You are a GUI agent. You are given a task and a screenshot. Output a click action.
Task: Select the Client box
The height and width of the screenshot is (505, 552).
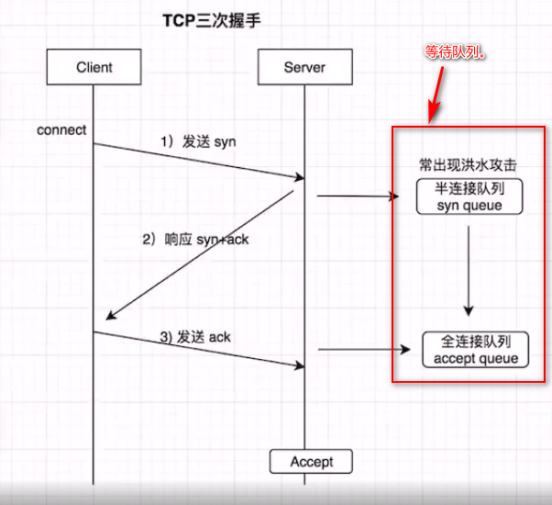pos(94,67)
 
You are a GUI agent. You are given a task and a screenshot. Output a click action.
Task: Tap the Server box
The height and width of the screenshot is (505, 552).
pos(304,67)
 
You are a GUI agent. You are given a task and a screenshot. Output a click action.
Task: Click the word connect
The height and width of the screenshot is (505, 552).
pos(61,129)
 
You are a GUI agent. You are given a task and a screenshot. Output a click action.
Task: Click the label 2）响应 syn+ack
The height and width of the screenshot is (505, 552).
pos(195,239)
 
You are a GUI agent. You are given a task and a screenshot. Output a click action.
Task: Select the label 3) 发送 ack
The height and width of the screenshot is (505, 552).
pos(195,337)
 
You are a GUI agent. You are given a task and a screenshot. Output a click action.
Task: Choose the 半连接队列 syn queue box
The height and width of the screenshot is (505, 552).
pos(469,196)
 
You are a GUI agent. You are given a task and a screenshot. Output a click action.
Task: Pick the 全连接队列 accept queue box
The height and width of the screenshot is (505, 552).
pos(476,350)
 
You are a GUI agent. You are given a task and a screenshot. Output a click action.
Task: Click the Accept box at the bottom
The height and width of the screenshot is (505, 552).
pos(311,461)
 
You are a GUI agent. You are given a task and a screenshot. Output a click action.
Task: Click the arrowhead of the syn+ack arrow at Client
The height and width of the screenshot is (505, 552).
pos(108,317)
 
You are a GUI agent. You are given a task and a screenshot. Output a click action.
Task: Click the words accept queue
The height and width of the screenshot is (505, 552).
pos(476,358)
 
